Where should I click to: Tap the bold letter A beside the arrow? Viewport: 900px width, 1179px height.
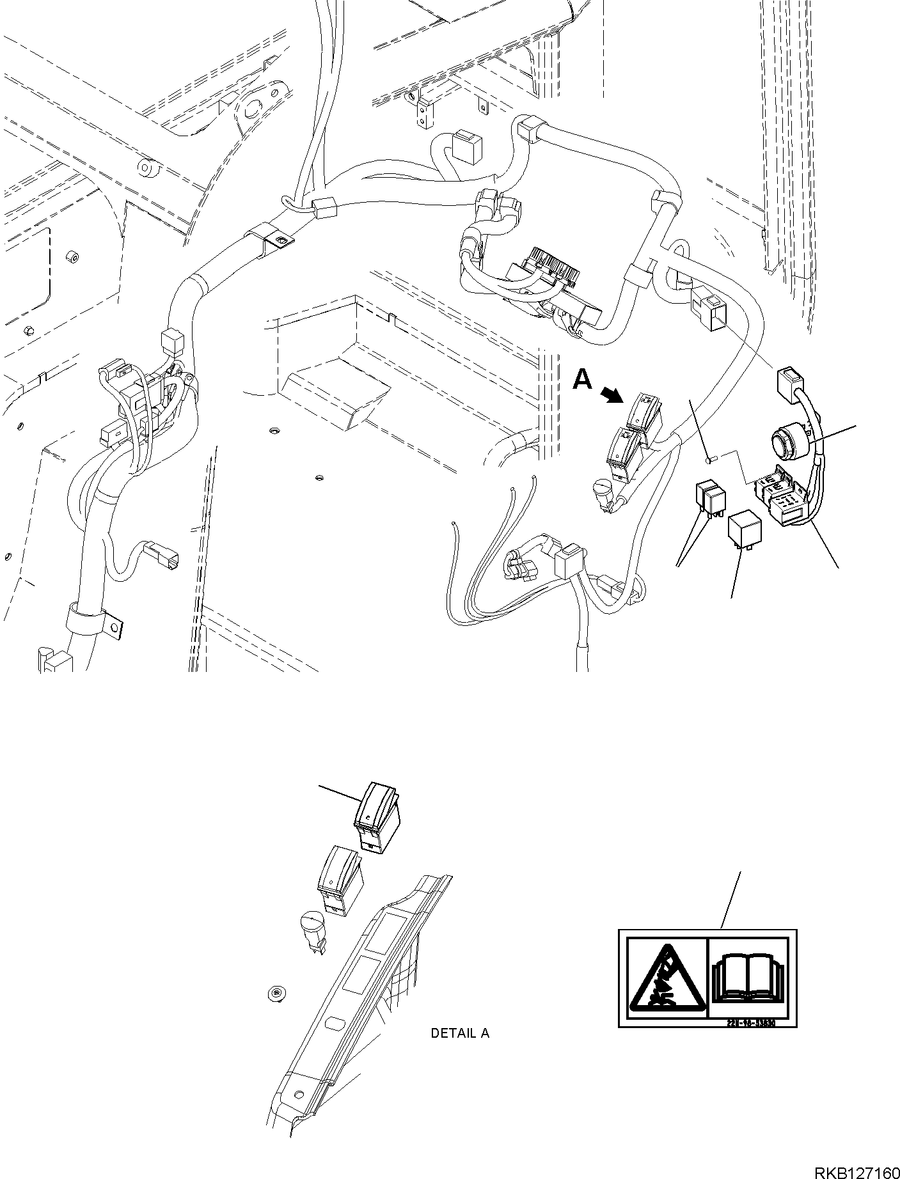coord(582,380)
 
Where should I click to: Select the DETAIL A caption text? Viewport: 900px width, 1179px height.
coord(460,1033)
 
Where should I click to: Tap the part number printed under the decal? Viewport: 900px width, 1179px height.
coord(751,1023)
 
